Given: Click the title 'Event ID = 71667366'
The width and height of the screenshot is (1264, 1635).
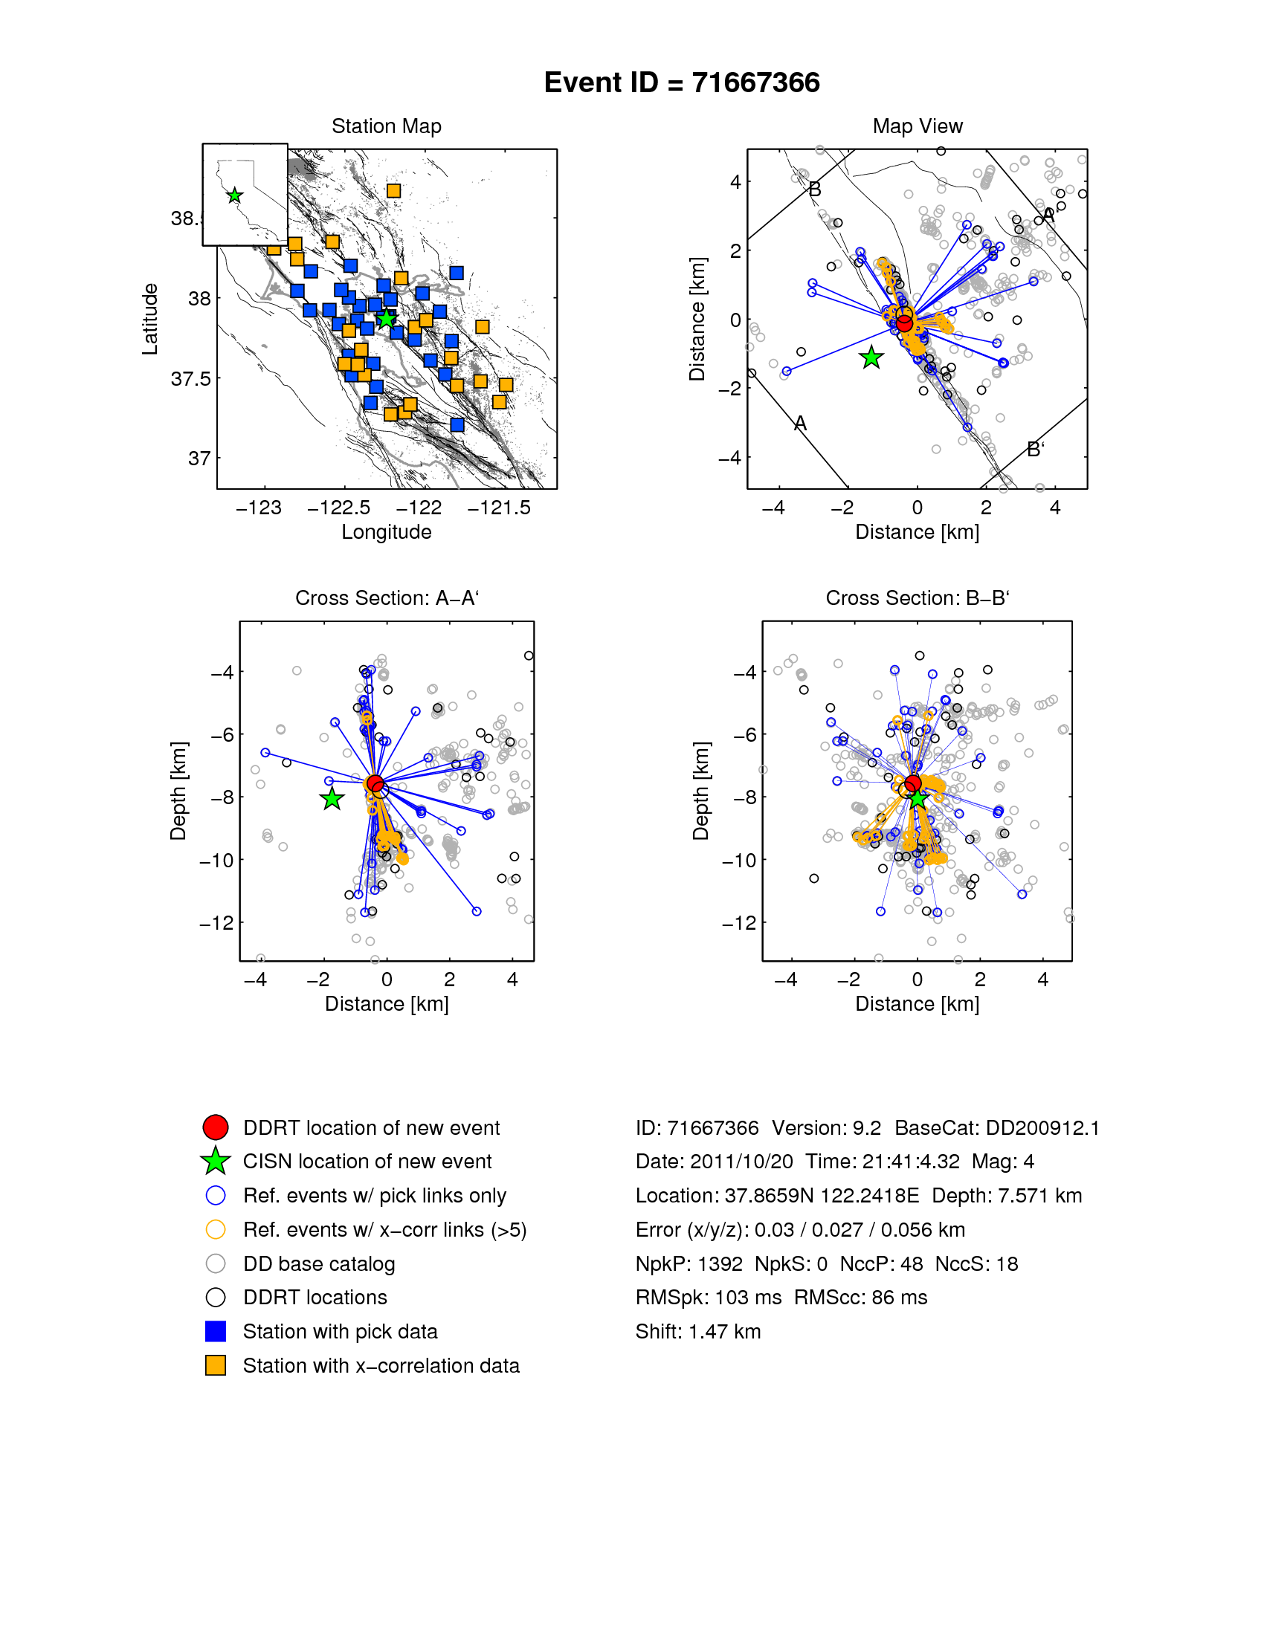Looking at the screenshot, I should (x=681, y=82).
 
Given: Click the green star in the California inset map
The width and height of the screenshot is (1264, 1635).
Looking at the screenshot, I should (x=234, y=195).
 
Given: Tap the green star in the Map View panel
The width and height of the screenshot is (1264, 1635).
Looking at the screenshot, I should (x=871, y=358).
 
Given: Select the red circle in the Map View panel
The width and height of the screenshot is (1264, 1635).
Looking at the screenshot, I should (x=905, y=323).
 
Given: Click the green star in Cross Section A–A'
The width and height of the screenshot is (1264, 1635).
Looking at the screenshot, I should (x=332, y=800).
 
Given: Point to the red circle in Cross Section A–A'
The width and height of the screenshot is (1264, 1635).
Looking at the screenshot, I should (x=375, y=784).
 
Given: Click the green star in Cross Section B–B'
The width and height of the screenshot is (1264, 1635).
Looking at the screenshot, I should (x=918, y=800).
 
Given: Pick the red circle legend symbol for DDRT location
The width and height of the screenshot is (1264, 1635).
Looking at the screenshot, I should (x=216, y=1127).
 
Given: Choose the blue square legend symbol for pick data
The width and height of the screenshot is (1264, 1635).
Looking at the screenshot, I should (x=216, y=1331).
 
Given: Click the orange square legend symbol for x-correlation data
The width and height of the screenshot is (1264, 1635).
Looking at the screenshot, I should (x=216, y=1365).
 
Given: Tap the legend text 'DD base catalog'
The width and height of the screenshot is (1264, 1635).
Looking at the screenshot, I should (x=319, y=1263).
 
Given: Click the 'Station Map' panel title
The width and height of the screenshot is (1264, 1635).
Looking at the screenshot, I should (x=387, y=126).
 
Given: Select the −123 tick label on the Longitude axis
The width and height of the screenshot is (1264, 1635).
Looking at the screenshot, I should (x=258, y=508).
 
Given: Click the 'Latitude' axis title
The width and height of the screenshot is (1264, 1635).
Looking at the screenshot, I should (x=150, y=319).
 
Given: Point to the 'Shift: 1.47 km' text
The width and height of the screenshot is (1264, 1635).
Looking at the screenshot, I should (x=698, y=1331).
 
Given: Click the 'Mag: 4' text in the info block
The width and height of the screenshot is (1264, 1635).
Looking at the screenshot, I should (x=1003, y=1161).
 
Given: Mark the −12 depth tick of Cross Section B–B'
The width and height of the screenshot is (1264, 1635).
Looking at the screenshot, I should (x=738, y=923).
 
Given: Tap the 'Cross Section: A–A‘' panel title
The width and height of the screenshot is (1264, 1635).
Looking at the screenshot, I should (x=387, y=598).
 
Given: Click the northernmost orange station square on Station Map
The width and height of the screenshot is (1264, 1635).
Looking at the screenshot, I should (x=393, y=191).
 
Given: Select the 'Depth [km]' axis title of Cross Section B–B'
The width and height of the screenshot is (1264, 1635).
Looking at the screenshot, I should (x=701, y=791).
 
